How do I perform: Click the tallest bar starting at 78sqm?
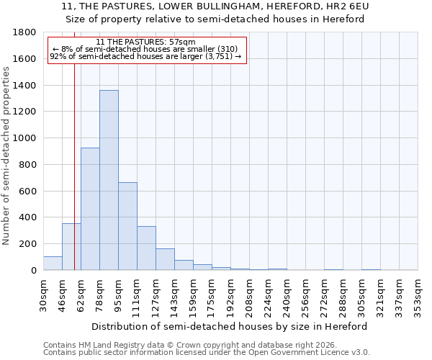click(109, 180)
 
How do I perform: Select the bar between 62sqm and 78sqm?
click(90, 209)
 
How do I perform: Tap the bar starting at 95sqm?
click(127, 226)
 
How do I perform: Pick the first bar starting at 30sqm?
click(53, 264)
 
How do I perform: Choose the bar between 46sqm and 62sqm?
click(71, 247)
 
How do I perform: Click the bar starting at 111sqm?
click(146, 248)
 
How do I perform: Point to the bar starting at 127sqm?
click(165, 259)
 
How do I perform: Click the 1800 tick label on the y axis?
click(25, 32)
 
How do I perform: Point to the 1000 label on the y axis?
click(25, 138)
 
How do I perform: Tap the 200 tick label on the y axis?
click(28, 244)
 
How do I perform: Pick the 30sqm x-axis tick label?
click(44, 294)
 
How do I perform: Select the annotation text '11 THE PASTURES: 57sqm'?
click(145, 42)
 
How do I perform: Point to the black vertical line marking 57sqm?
click(74, 166)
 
